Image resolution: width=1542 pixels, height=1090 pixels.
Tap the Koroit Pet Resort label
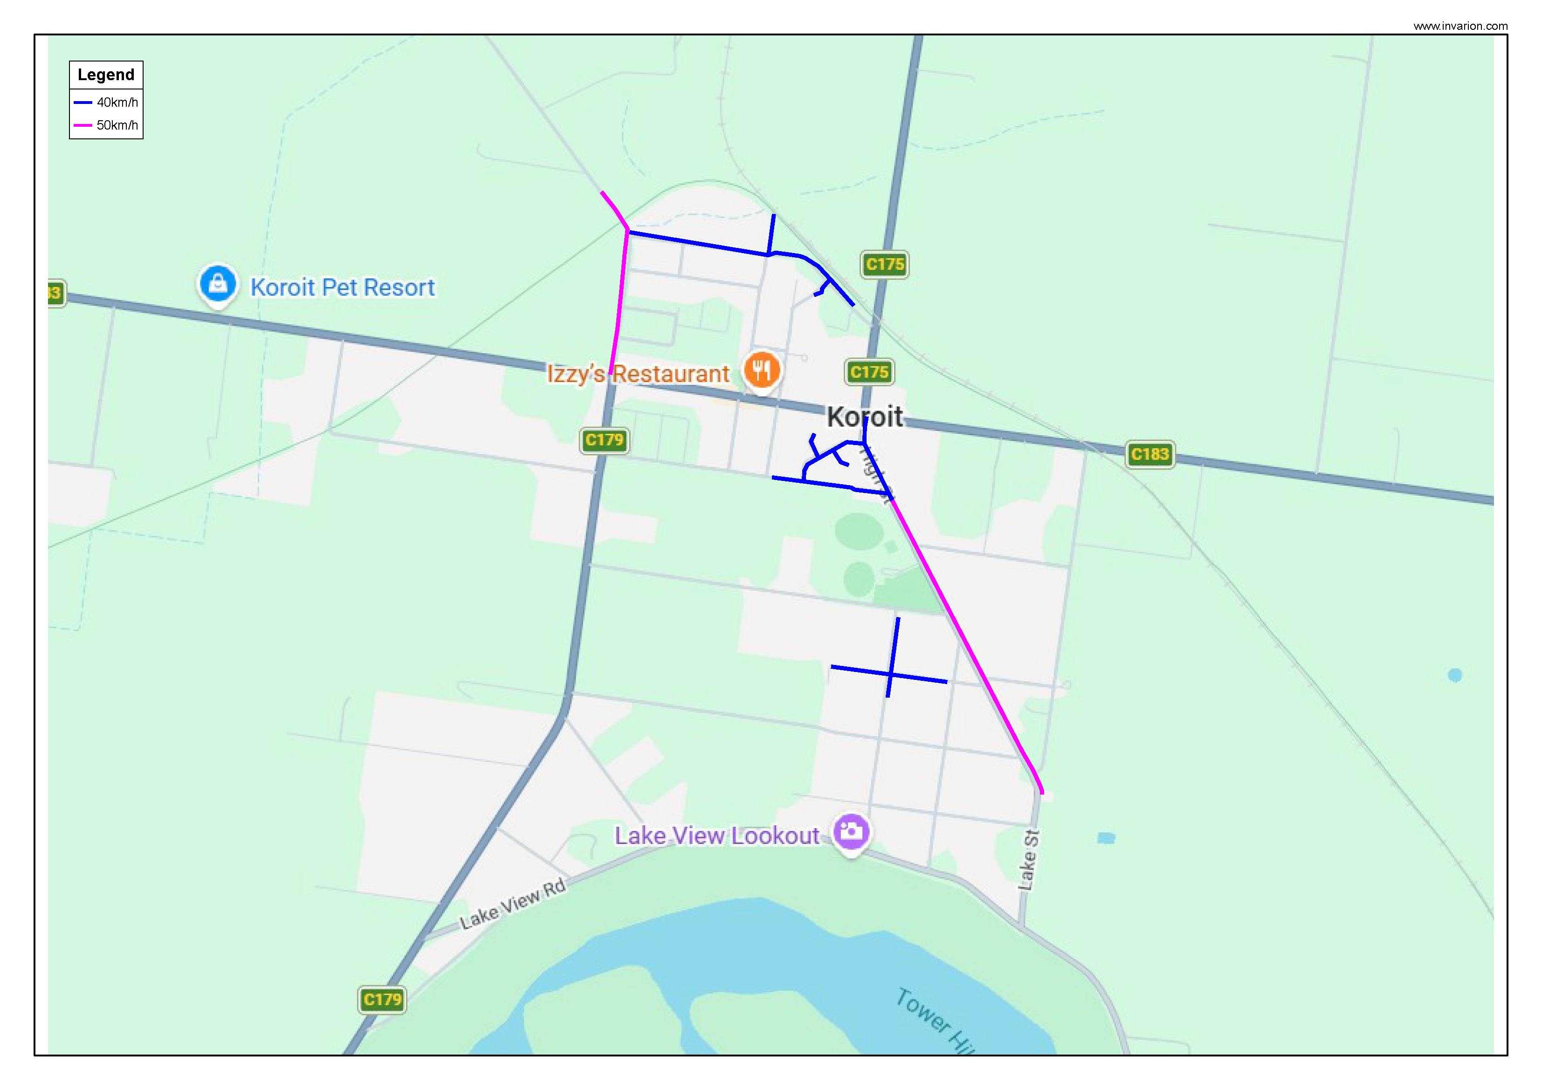(x=343, y=288)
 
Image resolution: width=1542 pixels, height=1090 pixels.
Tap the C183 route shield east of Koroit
(x=1150, y=454)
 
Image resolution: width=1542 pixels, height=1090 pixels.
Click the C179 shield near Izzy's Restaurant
(x=605, y=440)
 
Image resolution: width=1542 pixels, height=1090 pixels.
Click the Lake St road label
(x=1028, y=860)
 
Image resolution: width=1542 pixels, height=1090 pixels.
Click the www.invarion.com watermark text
(x=1460, y=26)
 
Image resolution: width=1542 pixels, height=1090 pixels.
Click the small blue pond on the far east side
(x=1455, y=675)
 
